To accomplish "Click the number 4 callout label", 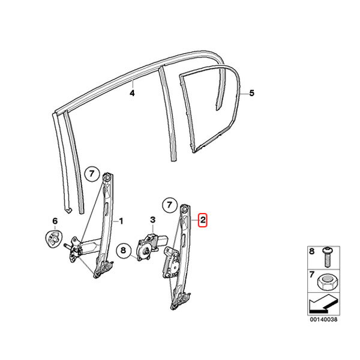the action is coord(132,93).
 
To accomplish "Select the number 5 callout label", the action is coord(252,93).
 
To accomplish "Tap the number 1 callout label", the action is coord(121,221).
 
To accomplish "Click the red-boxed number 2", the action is coord(203,220).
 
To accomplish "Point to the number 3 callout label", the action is coord(152,220).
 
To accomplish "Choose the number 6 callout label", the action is coord(55,221).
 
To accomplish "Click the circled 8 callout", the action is coord(123,250).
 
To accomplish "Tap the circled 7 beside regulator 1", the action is coord(92,174).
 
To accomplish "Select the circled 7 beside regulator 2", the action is coord(169,205).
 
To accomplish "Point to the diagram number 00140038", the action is coord(324,319).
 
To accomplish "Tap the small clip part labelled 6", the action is coord(54,238).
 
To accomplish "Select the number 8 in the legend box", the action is coord(311,251).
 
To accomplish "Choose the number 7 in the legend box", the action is coord(311,274).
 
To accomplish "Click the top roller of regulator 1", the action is coord(107,177).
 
